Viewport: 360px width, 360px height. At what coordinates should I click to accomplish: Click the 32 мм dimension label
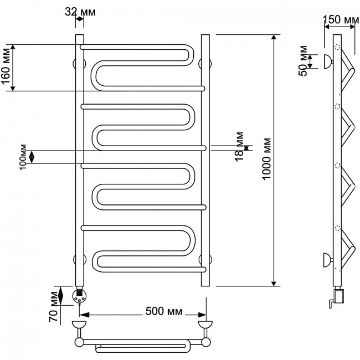(80, 12)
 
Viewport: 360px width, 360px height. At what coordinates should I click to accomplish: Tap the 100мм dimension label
(23, 157)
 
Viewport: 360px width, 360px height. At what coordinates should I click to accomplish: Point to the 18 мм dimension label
(239, 147)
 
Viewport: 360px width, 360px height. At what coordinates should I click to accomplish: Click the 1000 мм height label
(266, 159)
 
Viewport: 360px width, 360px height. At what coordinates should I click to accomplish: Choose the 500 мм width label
(164, 311)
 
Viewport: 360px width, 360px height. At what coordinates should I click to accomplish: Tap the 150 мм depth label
(341, 19)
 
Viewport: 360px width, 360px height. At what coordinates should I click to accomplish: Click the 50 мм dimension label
(303, 61)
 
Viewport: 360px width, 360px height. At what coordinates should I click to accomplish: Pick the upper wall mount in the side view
(328, 61)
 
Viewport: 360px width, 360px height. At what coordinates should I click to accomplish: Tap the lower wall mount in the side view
(328, 260)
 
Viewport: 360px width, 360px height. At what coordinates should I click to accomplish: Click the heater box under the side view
(339, 296)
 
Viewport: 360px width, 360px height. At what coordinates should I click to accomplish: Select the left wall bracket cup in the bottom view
(79, 325)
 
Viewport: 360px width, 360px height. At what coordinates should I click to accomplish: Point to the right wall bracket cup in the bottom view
(205, 325)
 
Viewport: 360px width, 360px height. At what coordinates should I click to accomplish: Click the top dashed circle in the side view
(337, 47)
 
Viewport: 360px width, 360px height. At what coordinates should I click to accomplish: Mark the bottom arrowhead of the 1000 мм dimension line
(274, 284)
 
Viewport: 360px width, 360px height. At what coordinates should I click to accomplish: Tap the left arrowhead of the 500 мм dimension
(83, 315)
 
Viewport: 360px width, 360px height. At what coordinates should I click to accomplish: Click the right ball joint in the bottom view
(205, 342)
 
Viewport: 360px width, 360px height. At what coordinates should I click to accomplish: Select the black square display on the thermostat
(79, 293)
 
